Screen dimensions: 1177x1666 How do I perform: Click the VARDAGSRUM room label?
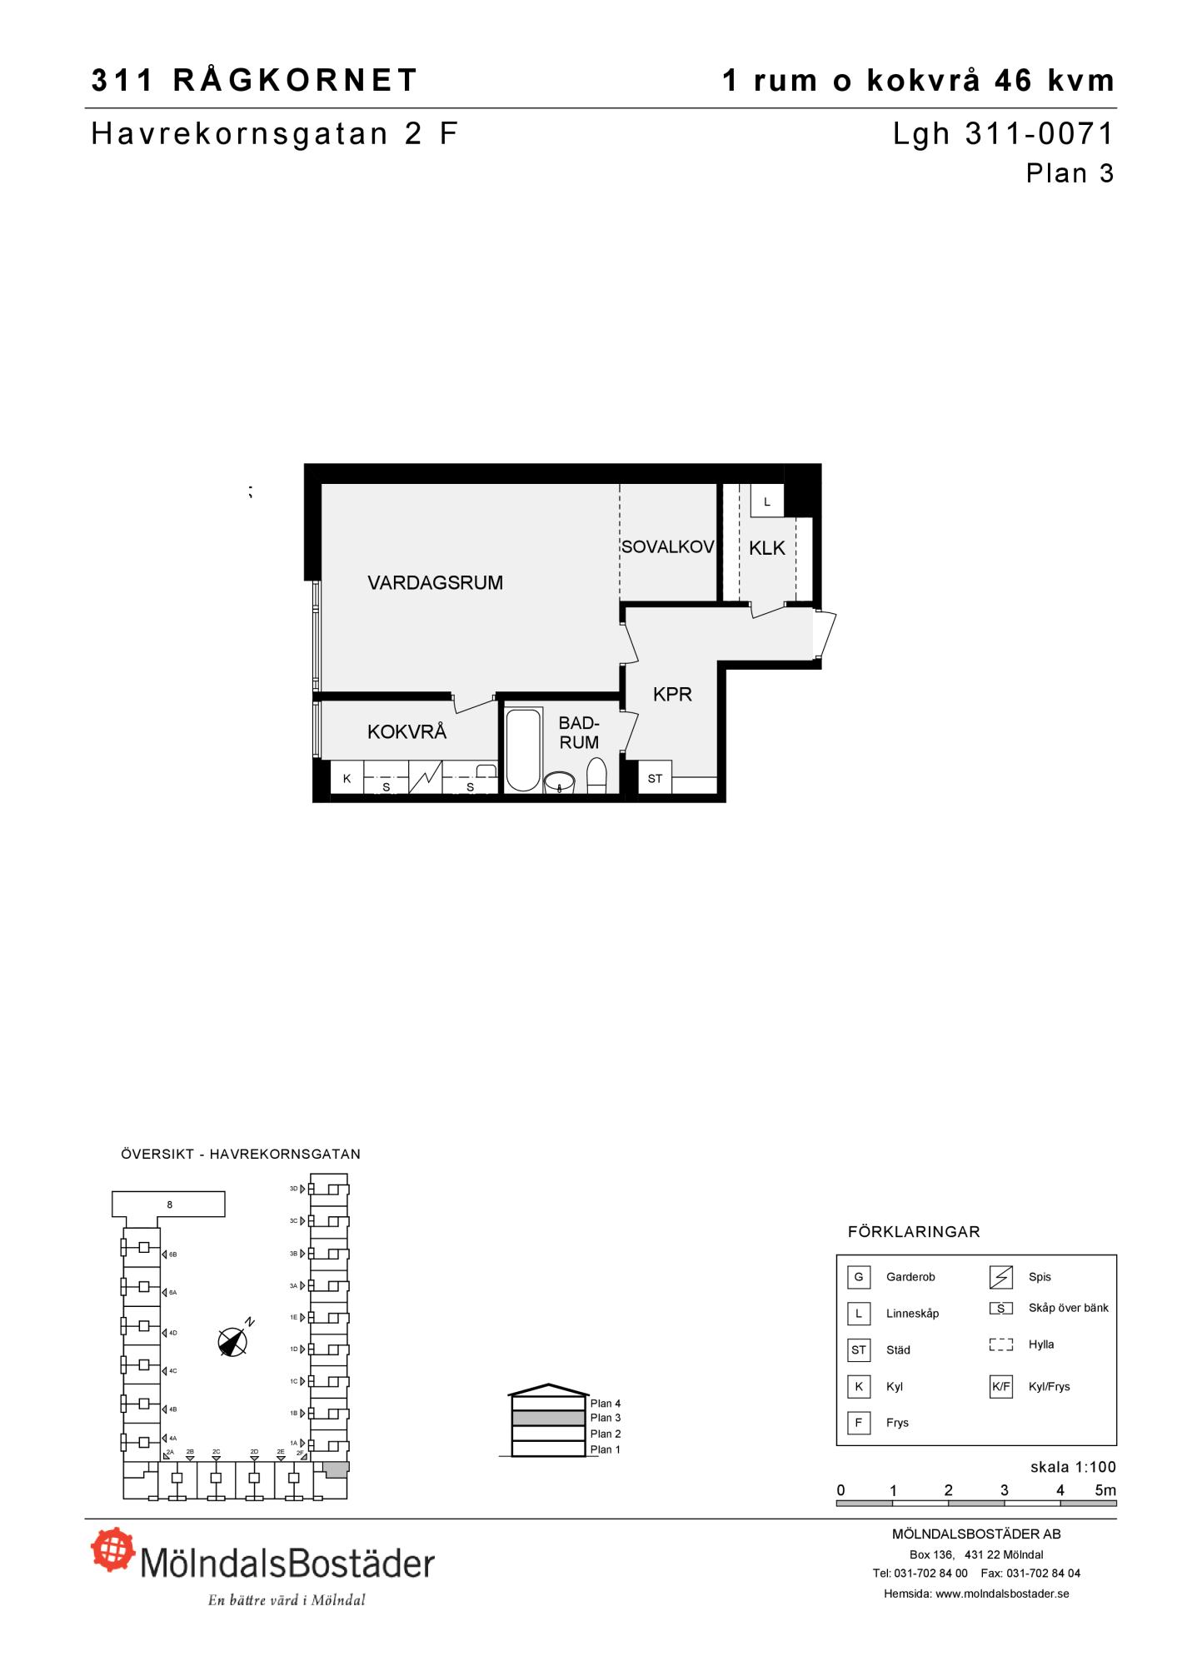click(x=435, y=583)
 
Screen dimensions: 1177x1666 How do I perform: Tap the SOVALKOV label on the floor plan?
click(x=667, y=547)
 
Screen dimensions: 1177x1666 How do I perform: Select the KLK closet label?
click(x=767, y=548)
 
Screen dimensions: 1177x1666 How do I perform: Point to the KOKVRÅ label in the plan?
click(x=406, y=732)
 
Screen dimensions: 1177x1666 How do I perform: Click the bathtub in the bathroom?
click(x=523, y=750)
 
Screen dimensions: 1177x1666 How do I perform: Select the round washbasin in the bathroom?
click(x=560, y=783)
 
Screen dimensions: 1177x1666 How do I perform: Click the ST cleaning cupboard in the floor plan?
click(x=655, y=778)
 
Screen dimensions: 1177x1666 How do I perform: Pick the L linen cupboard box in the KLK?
click(x=767, y=501)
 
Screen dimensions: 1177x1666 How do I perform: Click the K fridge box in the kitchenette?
click(x=347, y=778)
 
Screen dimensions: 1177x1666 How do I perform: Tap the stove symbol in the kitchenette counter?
click(x=425, y=778)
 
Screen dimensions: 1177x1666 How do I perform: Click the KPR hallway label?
click(x=672, y=695)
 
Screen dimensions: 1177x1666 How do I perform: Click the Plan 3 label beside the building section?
click(x=606, y=1418)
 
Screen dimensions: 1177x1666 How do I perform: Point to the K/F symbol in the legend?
click(x=1000, y=1386)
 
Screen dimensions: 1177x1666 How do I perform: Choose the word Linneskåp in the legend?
click(x=912, y=1314)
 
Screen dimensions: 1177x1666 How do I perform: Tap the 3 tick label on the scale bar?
click(x=1005, y=1490)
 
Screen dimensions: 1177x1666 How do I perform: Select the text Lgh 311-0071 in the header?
click(x=1003, y=134)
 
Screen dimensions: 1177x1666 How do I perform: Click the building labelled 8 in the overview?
click(x=168, y=1205)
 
